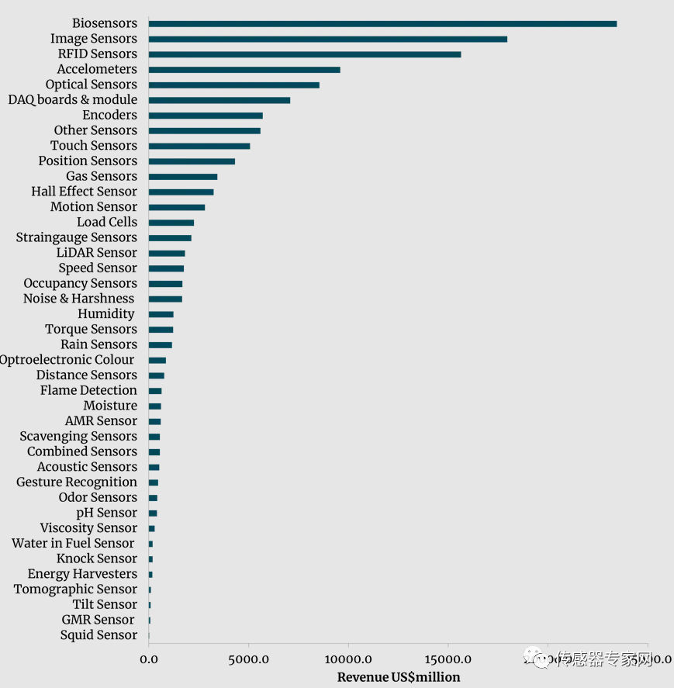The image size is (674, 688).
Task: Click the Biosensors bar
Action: click(382, 23)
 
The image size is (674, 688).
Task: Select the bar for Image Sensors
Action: click(327, 39)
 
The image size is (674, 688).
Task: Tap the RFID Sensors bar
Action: click(304, 54)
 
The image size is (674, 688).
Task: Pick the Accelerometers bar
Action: click(244, 69)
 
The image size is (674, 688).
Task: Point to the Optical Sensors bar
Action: click(233, 85)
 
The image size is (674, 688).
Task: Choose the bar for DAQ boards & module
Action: click(219, 100)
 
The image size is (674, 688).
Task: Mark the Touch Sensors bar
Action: click(199, 146)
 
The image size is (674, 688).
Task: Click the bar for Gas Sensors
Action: click(182, 176)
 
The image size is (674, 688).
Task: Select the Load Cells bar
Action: click(171, 222)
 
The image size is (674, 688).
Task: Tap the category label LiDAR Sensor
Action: click(97, 253)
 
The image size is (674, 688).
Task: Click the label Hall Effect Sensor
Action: click(84, 192)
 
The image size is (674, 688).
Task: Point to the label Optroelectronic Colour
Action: click(67, 360)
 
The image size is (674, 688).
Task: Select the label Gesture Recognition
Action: click(77, 482)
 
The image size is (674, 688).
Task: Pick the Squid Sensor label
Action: click(99, 635)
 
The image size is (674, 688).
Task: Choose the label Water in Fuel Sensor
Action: click(73, 544)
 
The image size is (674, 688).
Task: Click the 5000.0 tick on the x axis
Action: click(248, 660)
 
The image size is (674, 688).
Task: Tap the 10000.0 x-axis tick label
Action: click(348, 660)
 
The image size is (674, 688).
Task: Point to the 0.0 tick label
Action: click(148, 660)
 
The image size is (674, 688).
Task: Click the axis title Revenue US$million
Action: click(399, 677)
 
